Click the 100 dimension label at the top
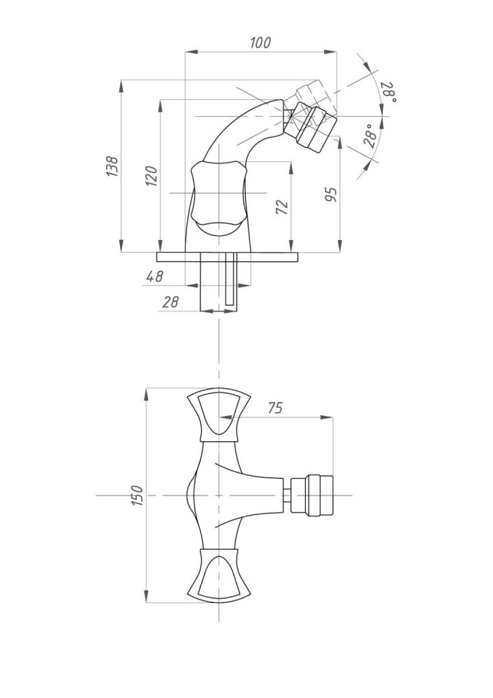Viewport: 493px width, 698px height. (260, 43)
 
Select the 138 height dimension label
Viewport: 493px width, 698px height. (112, 167)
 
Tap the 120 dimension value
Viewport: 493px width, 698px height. (152, 174)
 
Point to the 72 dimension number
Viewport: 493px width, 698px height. (281, 206)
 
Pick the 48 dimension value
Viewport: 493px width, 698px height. (154, 276)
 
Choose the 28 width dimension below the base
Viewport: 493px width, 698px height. (170, 302)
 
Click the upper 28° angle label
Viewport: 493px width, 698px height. (389, 92)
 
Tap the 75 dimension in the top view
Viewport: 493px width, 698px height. (275, 408)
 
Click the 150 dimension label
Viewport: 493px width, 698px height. (137, 495)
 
